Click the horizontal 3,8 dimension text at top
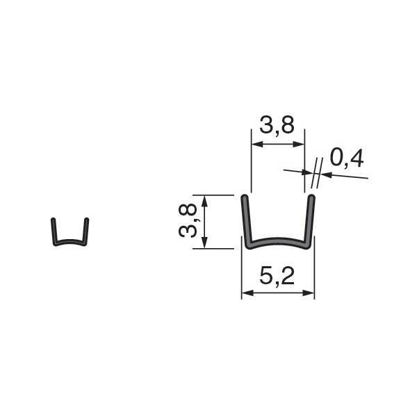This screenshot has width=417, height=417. click(x=277, y=124)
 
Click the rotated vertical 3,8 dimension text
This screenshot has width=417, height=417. click(x=188, y=221)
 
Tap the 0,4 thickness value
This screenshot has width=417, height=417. click(x=347, y=158)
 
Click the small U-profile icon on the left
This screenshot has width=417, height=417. click(x=70, y=231)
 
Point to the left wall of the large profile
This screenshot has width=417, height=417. click(x=246, y=221)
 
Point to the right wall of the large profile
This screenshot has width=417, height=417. click(x=310, y=221)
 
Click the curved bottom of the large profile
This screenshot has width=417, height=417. click(x=277, y=241)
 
